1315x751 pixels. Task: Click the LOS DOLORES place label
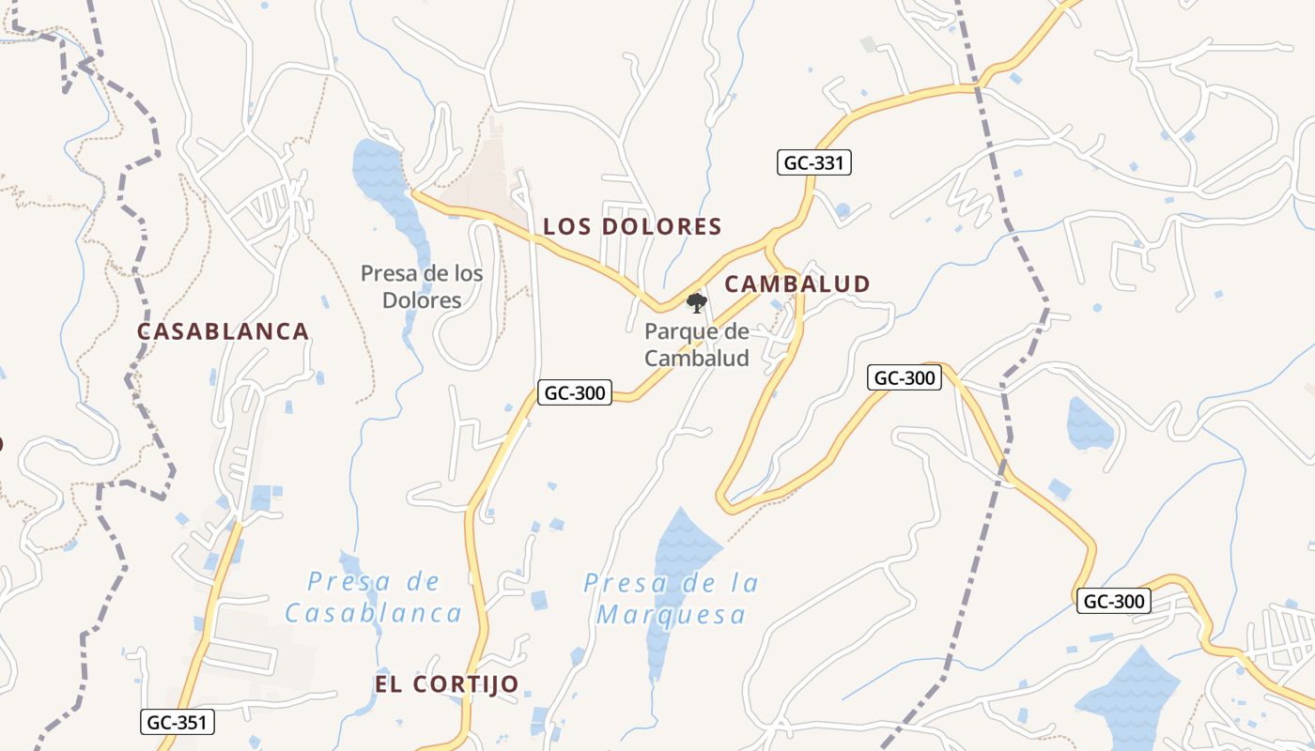pyautogui.click(x=632, y=226)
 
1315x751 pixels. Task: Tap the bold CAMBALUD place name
pyautogui.click(x=797, y=284)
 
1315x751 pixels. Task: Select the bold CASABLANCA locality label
pyautogui.click(x=223, y=331)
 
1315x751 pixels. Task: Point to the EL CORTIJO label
pyautogui.click(x=446, y=684)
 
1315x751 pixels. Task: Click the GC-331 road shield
pyautogui.click(x=814, y=162)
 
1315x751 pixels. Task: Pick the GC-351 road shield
pyautogui.click(x=178, y=722)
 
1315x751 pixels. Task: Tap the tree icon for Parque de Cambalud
pyautogui.click(x=696, y=302)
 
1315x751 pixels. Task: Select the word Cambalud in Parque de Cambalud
pyautogui.click(x=696, y=358)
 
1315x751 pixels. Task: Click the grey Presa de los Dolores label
pyautogui.click(x=422, y=286)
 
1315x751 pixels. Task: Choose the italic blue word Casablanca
pyautogui.click(x=373, y=614)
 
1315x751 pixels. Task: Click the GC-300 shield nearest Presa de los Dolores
pyautogui.click(x=574, y=392)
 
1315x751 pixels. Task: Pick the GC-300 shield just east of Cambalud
pyautogui.click(x=904, y=377)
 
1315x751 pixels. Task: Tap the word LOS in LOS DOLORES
pyautogui.click(x=566, y=226)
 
